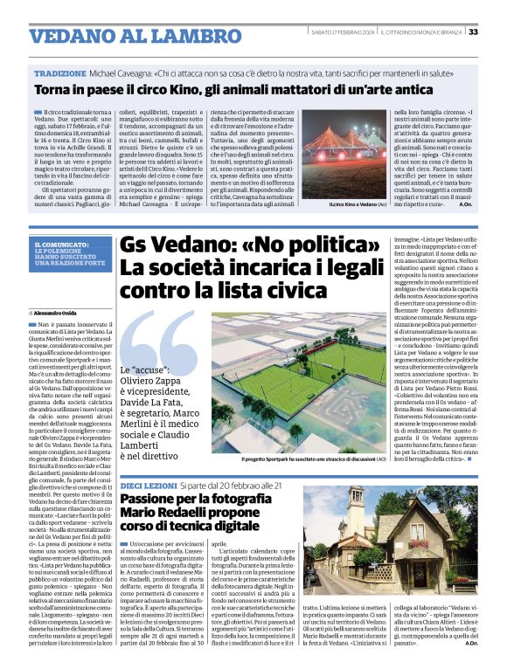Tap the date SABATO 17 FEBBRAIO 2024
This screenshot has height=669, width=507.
coord(343,32)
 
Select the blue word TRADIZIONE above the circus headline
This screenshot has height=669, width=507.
coord(60,75)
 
